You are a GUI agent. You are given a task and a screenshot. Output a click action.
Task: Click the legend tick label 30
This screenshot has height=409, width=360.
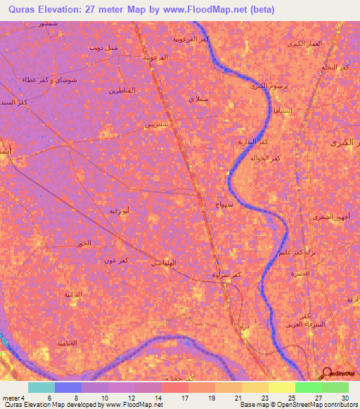click(x=343, y=398)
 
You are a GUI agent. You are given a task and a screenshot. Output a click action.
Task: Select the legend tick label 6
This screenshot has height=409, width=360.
click(x=49, y=398)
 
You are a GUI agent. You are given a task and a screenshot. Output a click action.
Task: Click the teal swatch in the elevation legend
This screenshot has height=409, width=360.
click(x=41, y=387)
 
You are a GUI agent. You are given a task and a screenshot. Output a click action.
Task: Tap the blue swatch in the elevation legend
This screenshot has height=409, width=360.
click(x=68, y=387)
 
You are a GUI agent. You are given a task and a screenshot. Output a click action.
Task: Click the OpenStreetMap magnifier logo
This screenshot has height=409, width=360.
click(x=326, y=372)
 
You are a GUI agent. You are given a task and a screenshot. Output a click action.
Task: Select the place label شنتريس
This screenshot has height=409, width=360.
click(x=156, y=124)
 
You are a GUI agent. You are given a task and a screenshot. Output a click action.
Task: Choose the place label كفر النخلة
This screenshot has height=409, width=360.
click(x=335, y=67)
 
